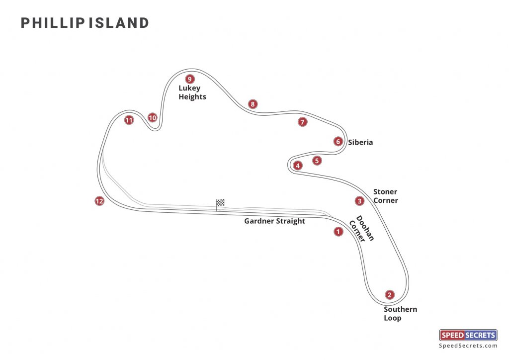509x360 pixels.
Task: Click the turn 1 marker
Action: coord(339,231)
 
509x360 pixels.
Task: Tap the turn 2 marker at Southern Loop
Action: coord(390,295)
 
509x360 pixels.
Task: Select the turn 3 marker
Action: coord(359,201)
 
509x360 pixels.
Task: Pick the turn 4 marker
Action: coord(298,166)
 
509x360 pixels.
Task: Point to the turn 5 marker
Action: coord(317,161)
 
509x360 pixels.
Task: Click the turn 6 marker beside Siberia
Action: coord(338,142)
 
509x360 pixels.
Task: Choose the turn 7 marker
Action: coord(303,122)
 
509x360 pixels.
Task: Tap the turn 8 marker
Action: coord(253,104)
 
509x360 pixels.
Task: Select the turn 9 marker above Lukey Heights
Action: coord(189,79)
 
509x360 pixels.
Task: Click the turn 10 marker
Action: coord(152,118)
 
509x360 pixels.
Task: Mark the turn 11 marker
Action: coord(129,120)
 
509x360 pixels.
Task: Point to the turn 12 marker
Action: coord(99,201)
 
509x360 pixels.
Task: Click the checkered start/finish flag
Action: coord(220,202)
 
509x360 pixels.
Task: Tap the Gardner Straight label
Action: coord(274,221)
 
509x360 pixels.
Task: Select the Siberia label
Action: coord(360,143)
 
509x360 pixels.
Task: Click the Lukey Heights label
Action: coord(192,92)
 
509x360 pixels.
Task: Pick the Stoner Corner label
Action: coord(385,196)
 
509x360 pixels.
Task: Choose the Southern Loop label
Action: coord(400,314)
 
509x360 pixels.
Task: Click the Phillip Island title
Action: coord(85,23)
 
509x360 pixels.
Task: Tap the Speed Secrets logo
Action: coord(468,335)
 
